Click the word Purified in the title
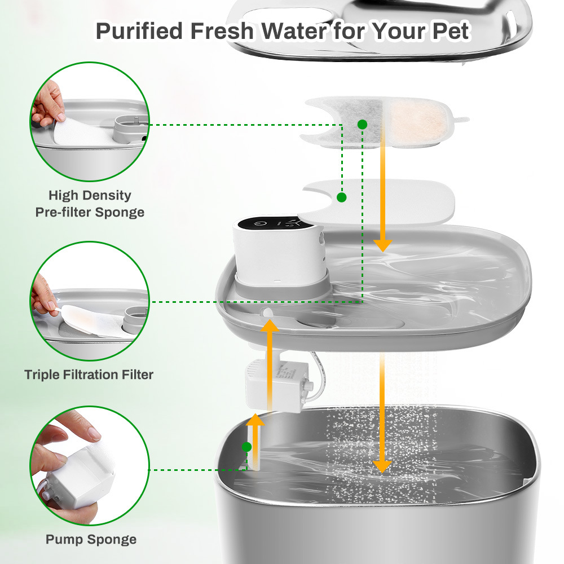(x=139, y=31)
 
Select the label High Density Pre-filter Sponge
(x=90, y=204)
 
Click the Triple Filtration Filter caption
(x=89, y=374)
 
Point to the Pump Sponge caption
(x=91, y=540)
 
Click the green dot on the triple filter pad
(x=362, y=125)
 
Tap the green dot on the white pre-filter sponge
(x=342, y=197)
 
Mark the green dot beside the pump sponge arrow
(x=247, y=447)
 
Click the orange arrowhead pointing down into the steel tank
(x=382, y=466)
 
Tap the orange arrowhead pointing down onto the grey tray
(x=382, y=246)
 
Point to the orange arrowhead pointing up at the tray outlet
(x=270, y=325)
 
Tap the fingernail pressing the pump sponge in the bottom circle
(x=94, y=434)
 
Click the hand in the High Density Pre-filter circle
(x=47, y=104)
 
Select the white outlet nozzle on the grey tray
(x=267, y=312)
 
